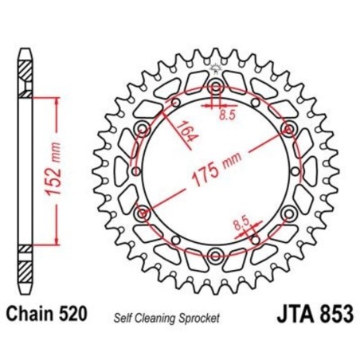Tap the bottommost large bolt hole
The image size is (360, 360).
click(x=216, y=255)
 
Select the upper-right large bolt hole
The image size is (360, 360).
click(x=288, y=129)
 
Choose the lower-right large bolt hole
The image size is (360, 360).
click(x=288, y=213)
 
